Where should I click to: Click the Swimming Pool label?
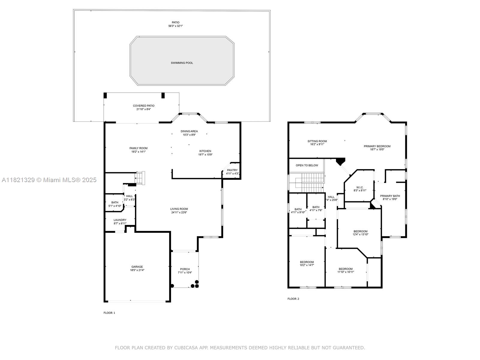point(182,63)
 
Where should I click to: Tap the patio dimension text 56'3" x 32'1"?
point(175,26)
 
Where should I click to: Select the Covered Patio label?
point(144,106)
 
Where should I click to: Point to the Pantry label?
point(232,170)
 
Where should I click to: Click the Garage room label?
point(137,267)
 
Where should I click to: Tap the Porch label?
point(185,269)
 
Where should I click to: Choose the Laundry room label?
point(120,220)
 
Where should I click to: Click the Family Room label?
point(138,148)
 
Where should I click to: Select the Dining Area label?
point(189,131)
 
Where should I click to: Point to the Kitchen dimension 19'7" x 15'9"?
point(205,154)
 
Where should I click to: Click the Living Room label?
point(179,209)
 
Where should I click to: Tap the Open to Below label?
point(307,166)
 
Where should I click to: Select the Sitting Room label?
point(317,141)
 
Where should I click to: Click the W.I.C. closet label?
point(360,187)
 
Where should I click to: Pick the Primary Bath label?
point(390,196)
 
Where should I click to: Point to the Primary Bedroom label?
point(377,146)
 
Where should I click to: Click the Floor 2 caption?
point(293,299)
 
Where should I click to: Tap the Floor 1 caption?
point(109,313)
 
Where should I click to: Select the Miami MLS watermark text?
point(49,180)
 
